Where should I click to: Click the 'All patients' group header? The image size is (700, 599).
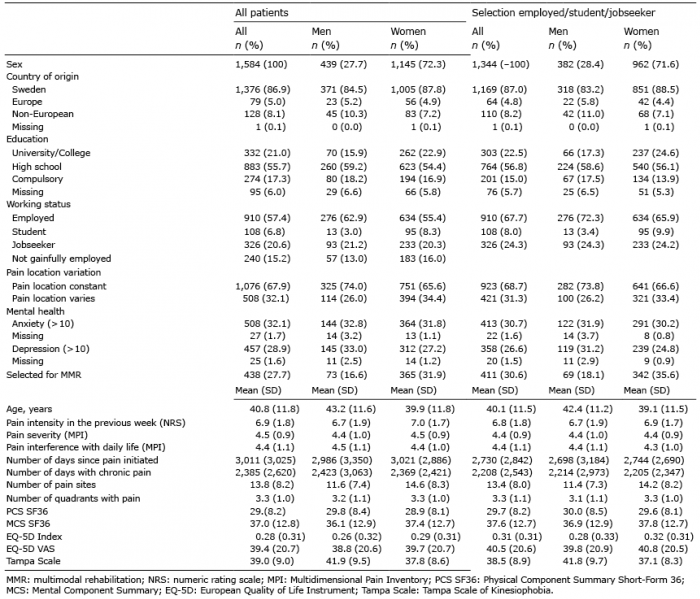point(262,13)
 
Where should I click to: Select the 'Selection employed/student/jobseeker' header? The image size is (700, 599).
point(563,13)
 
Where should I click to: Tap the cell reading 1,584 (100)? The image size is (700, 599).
point(261,64)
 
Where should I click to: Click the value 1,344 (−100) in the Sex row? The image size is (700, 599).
point(500,64)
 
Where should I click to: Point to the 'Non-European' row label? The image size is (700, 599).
point(42,114)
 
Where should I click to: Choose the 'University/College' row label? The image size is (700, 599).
point(51,153)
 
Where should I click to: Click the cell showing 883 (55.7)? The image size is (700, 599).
point(267,167)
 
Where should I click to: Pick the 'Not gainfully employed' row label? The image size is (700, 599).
point(61,259)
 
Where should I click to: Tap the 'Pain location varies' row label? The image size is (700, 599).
point(53,299)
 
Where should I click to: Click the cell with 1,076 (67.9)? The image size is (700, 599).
point(263,286)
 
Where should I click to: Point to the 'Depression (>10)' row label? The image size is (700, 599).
point(50,349)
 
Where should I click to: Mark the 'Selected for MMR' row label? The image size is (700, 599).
point(44,375)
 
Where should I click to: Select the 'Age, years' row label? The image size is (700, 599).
point(29,409)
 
